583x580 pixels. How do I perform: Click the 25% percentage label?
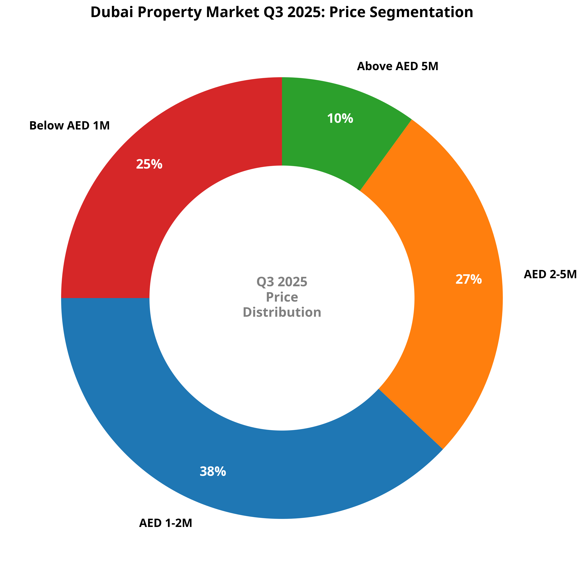click(x=149, y=164)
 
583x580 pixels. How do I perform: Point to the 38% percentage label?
click(x=213, y=472)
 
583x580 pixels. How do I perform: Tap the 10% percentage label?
click(x=340, y=119)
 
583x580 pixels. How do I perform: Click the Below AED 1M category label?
click(x=69, y=126)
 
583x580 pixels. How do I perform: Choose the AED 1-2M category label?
click(x=165, y=523)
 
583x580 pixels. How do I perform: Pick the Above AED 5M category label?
click(x=398, y=66)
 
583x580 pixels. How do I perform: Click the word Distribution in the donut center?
click(x=282, y=312)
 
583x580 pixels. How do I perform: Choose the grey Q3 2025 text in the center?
click(x=282, y=282)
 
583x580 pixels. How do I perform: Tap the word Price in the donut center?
click(x=282, y=297)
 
